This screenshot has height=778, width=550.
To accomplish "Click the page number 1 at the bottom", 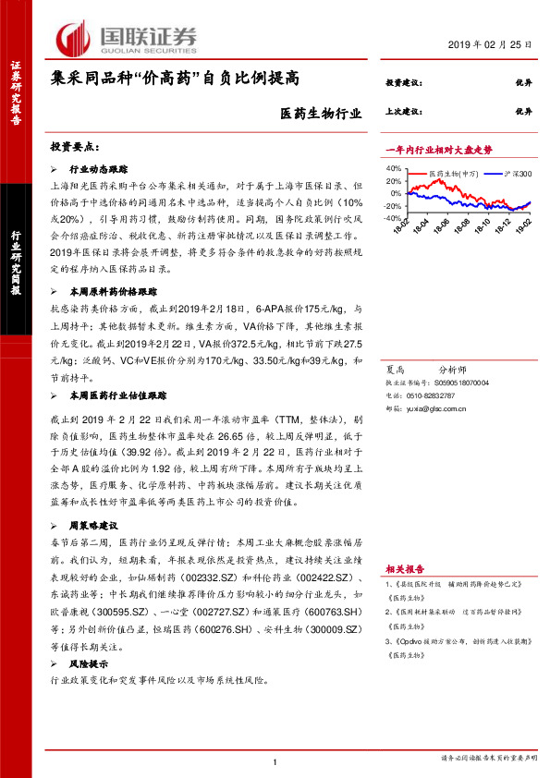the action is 275,760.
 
